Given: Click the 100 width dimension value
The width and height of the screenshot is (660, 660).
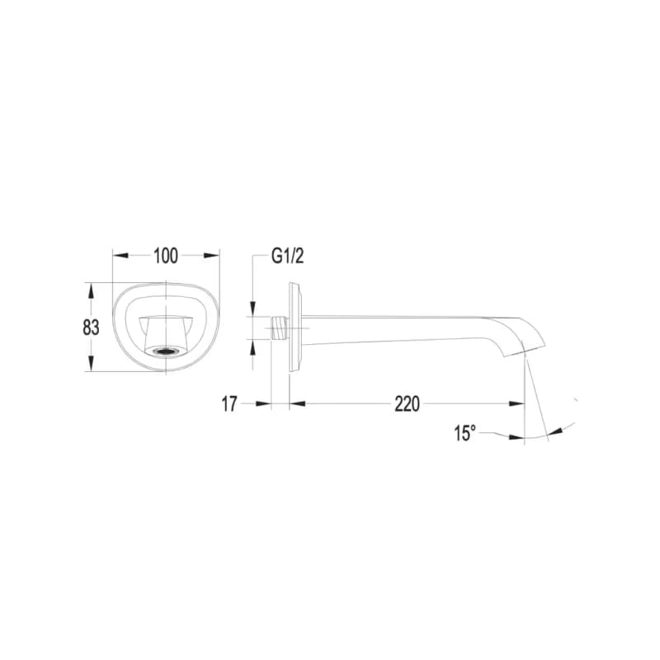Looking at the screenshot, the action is (x=166, y=256).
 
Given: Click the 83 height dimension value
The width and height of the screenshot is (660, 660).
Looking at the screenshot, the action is (x=91, y=328).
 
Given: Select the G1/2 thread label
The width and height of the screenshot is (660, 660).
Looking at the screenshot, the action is (x=287, y=256).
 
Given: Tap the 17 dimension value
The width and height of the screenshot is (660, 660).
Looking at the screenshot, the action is (x=229, y=404).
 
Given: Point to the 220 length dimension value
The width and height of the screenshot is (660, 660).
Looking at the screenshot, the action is (x=407, y=404).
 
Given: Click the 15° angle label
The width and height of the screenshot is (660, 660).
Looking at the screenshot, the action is (x=464, y=433).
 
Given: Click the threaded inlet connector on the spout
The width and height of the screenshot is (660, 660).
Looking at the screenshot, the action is (x=280, y=328).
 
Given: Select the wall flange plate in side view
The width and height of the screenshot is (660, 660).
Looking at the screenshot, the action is (x=295, y=327).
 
